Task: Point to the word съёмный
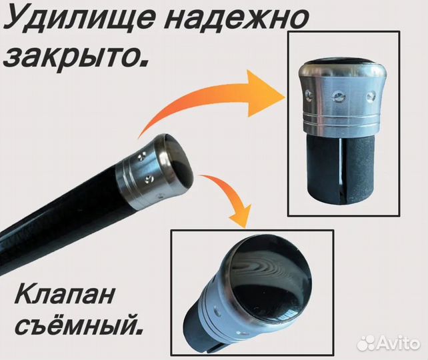click(x=79, y=324)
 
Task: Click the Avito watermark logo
click(x=388, y=342)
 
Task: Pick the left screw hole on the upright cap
click(x=309, y=95)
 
